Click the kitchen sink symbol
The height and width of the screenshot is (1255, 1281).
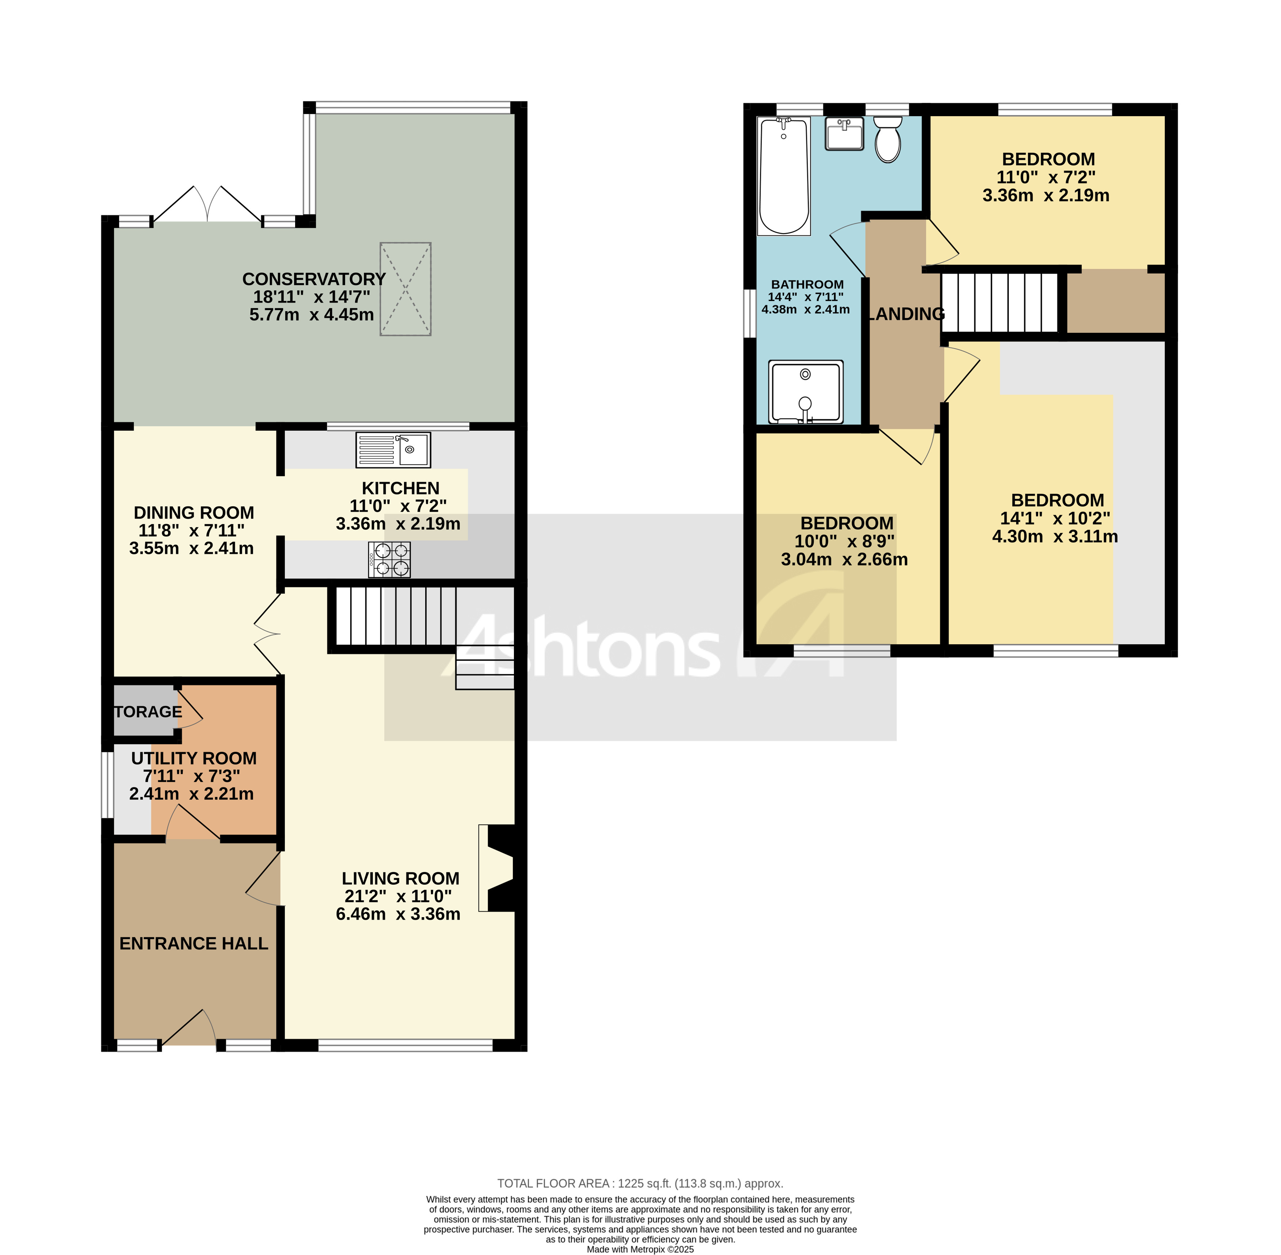(x=393, y=450)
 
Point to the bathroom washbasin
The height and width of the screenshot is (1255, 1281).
(x=844, y=134)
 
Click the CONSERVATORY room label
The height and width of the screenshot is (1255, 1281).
(x=314, y=279)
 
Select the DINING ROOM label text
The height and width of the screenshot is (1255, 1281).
(x=194, y=513)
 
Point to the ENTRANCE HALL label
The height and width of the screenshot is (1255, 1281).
(x=194, y=944)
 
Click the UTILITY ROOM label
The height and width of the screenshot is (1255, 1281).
(x=194, y=759)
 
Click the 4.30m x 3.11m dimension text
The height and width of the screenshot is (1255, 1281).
(x=1055, y=537)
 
